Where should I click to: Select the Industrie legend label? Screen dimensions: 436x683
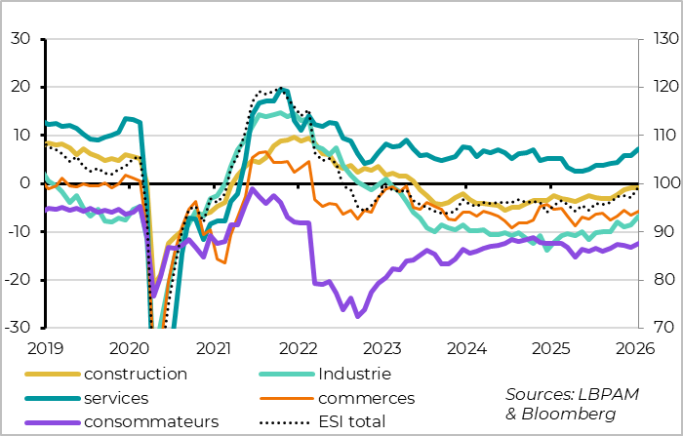tap(354, 374)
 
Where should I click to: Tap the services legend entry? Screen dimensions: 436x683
tap(116, 398)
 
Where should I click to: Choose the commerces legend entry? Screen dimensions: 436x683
tap(366, 398)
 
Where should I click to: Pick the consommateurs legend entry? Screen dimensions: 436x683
tap(151, 421)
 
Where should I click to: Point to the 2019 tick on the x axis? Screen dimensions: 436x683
tap(46, 348)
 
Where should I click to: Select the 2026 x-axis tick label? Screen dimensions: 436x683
tap(635, 348)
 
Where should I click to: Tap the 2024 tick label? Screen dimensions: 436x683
tap(467, 348)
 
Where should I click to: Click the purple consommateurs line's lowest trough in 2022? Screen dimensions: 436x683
tap(359, 316)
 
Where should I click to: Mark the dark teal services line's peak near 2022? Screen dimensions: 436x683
tap(282, 89)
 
